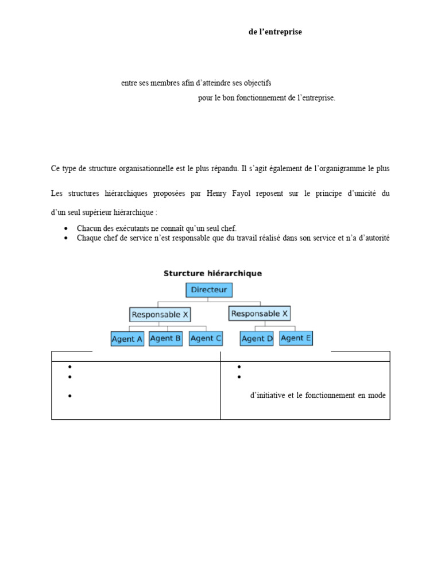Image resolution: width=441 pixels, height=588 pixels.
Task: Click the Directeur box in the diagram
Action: click(209, 290)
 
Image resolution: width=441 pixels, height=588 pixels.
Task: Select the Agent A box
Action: click(127, 339)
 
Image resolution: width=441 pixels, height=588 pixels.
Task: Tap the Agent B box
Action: click(165, 338)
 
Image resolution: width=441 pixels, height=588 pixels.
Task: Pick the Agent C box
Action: click(206, 338)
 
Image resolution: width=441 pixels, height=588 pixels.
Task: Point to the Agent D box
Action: click(257, 339)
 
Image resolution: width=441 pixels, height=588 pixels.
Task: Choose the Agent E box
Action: click(296, 338)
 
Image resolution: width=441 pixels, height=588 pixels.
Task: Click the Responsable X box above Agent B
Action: click(160, 314)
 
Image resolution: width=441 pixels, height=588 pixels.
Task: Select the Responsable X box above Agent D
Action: click(260, 314)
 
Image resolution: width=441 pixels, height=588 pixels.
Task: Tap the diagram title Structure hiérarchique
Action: click(212, 273)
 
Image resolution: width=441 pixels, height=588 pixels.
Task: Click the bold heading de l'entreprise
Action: click(275, 32)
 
